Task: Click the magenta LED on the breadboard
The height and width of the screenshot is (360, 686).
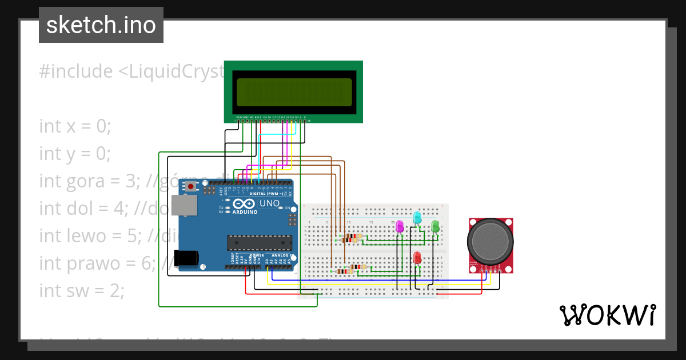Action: point(400,227)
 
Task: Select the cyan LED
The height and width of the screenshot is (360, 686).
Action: point(417,218)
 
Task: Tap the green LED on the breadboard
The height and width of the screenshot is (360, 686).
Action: point(435,226)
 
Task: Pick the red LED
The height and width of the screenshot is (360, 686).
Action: point(417,258)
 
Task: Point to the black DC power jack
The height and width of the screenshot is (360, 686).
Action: point(186,258)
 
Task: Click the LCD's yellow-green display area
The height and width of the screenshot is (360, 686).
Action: point(294,92)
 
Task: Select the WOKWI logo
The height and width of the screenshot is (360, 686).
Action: point(607,315)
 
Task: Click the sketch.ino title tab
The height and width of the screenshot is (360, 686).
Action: point(101,25)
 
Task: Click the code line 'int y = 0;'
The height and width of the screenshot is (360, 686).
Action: point(75,153)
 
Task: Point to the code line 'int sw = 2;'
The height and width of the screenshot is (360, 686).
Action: point(81,290)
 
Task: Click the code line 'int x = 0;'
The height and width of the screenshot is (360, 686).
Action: point(75,126)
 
